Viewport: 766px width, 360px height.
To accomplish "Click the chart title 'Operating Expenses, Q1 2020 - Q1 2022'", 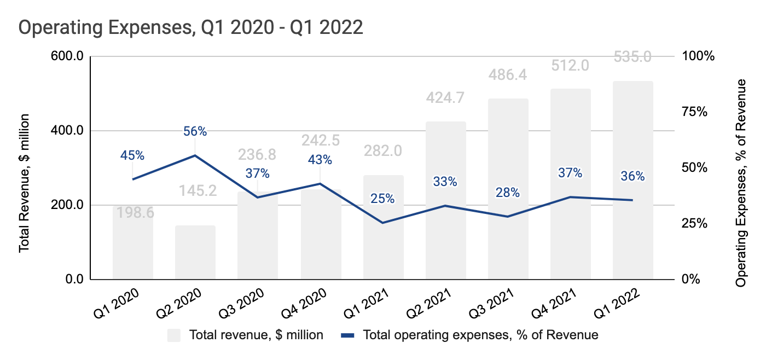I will coord(191,27).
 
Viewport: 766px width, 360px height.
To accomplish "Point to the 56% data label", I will coord(195,131).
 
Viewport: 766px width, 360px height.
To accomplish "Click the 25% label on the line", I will coord(382,199).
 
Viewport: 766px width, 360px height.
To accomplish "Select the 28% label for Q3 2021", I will coord(508,193).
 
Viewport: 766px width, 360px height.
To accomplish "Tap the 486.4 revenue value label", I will coord(508,75).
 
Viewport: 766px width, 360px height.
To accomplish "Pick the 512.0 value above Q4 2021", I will coord(570,66).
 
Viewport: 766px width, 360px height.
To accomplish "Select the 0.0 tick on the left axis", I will coord(72,280).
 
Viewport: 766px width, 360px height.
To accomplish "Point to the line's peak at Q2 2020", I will coord(195,155).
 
